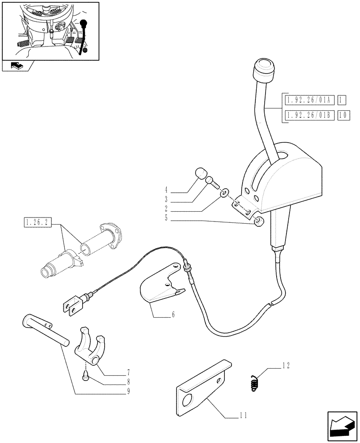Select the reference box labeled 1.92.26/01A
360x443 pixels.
coord(309,99)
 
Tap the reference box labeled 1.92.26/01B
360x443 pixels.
coord(309,116)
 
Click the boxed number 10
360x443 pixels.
coord(344,116)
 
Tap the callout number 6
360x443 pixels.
coord(173,315)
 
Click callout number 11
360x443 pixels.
coord(241,416)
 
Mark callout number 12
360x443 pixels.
coord(287,366)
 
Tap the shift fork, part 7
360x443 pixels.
coord(90,346)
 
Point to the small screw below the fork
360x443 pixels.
coord(85,377)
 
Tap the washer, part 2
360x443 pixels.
coord(225,192)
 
